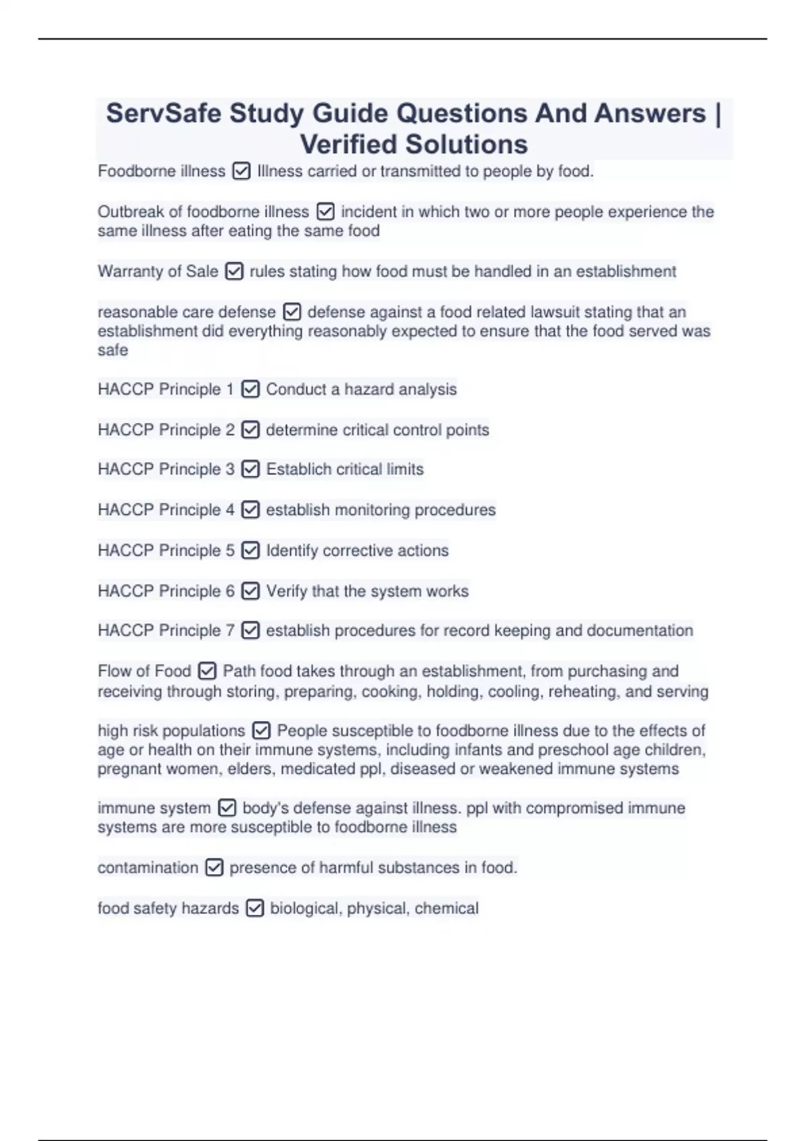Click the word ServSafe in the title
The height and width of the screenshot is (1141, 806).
click(163, 113)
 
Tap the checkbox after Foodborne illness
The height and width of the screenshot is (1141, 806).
click(241, 172)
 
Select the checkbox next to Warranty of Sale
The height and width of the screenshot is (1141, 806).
click(234, 272)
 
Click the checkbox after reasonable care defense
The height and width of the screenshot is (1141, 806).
click(292, 312)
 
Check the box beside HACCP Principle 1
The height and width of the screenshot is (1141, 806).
click(250, 389)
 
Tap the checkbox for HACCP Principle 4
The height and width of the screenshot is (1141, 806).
click(250, 510)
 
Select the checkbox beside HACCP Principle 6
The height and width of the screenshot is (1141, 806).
click(250, 591)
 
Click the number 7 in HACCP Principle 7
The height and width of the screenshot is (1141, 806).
click(230, 630)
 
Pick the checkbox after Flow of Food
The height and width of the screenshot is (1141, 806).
click(207, 671)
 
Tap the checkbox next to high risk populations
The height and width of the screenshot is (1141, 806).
click(261, 730)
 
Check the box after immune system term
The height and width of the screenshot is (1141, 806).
click(227, 807)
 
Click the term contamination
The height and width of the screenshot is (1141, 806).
click(148, 868)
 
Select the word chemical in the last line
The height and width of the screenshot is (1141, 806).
click(447, 908)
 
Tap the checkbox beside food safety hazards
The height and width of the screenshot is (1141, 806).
click(255, 908)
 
